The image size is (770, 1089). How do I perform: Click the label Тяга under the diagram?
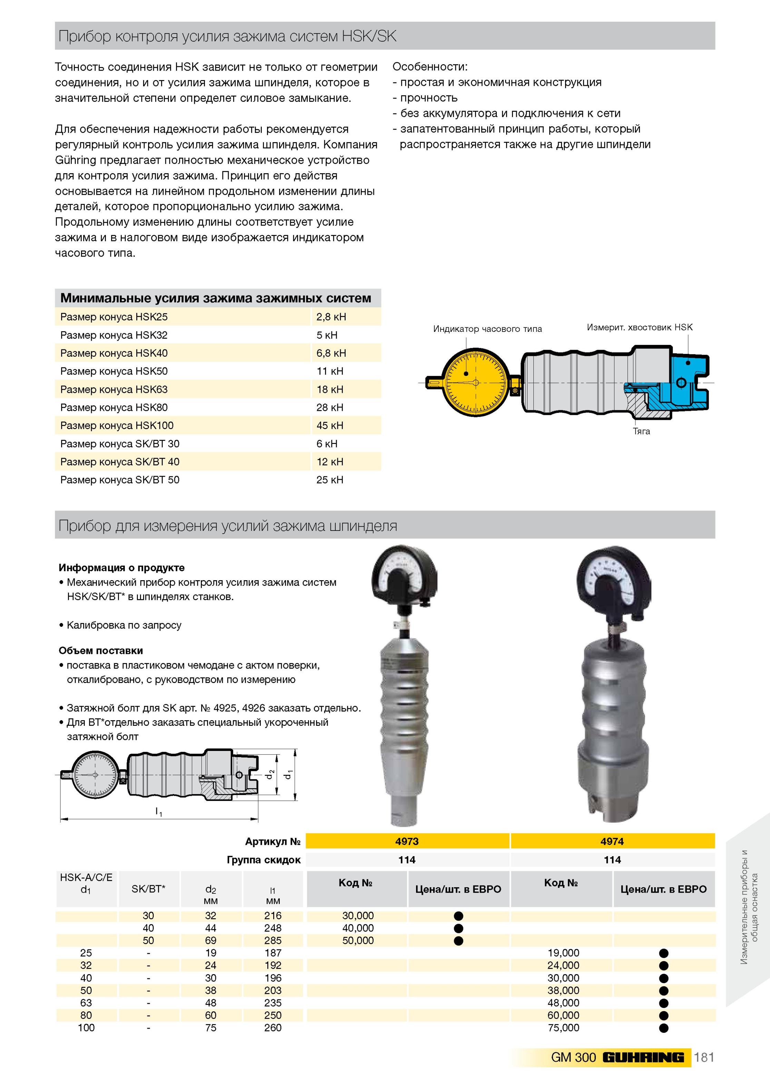[641, 431]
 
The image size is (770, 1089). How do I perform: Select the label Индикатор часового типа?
[487, 329]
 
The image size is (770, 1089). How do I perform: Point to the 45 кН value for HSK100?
[330, 425]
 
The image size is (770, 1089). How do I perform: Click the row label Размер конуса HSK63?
[114, 389]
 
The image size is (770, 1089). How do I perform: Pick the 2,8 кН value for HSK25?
[331, 317]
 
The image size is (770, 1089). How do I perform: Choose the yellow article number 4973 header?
[407, 841]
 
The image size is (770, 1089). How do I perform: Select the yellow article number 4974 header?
[612, 841]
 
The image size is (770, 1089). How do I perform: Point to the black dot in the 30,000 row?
[458, 916]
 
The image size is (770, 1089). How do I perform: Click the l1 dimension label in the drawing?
[159, 812]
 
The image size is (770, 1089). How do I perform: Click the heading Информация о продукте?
[121, 568]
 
